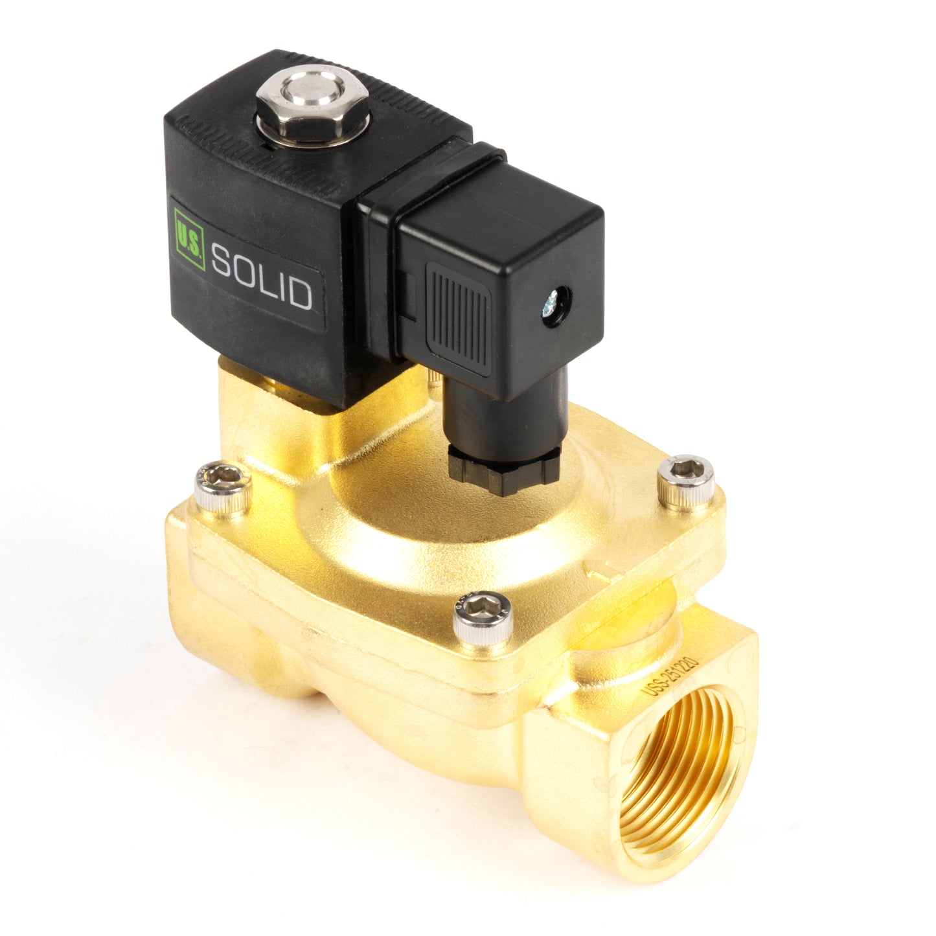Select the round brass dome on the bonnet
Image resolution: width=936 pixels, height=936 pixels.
[415, 518]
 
